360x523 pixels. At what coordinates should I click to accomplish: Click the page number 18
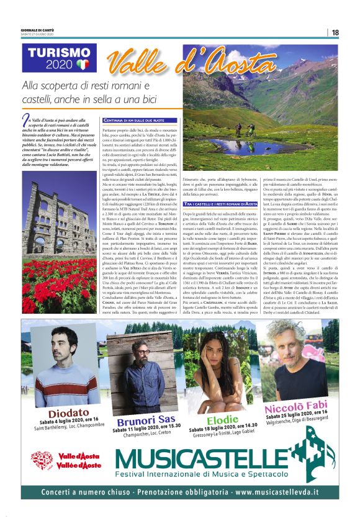tap(335, 32)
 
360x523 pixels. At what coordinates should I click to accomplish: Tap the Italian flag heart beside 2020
tap(83, 64)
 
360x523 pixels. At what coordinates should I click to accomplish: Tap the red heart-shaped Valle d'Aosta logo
tap(42, 460)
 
